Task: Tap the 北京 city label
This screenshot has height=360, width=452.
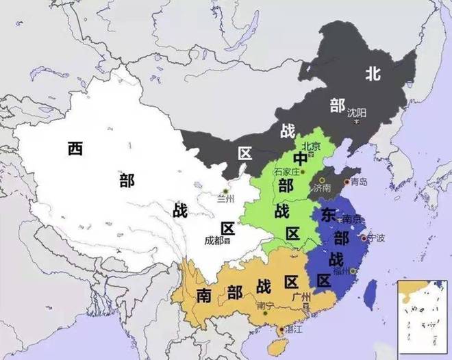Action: coord(311,146)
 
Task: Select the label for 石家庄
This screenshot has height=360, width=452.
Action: coord(287,171)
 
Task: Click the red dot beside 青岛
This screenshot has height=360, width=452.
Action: coord(347,182)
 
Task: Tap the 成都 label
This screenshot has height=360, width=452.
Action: coord(214,240)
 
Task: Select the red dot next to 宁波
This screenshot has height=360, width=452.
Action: coord(363,238)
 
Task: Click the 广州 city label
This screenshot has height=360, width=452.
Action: coord(301,297)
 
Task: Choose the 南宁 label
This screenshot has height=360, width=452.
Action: coord(265,306)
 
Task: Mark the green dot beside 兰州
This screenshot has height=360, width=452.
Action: coord(225,190)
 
